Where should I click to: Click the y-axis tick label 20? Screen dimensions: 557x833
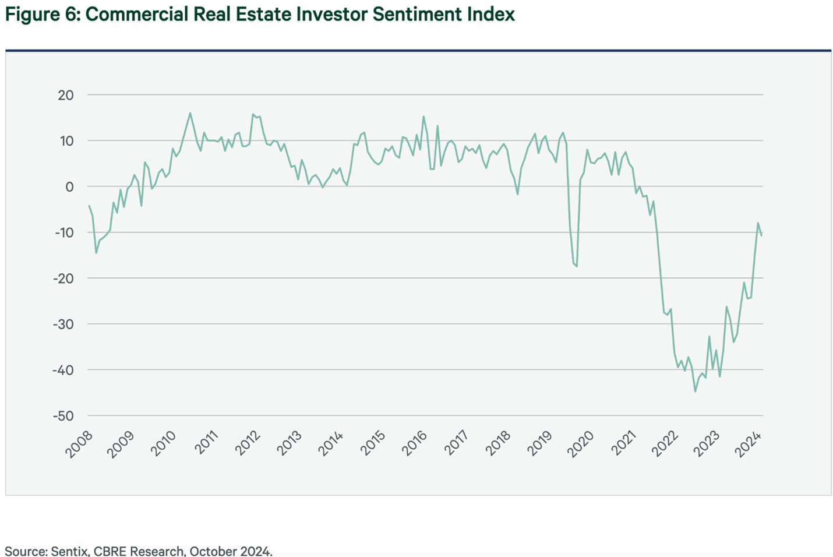pyautogui.click(x=66, y=95)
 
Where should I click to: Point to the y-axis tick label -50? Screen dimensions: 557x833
pyautogui.click(x=63, y=416)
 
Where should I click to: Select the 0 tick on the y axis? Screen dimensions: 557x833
pyautogui.click(x=70, y=187)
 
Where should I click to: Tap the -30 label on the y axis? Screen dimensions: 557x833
pyautogui.click(x=63, y=325)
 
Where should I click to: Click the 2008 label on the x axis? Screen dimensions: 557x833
pyautogui.click(x=79, y=445)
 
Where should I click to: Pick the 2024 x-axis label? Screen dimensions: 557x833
pyautogui.click(x=749, y=445)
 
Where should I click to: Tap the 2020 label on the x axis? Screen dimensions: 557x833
pyautogui.click(x=581, y=445)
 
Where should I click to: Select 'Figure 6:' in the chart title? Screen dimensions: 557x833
pyautogui.click(x=43, y=14)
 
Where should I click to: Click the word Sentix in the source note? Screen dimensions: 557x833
pyautogui.click(x=69, y=551)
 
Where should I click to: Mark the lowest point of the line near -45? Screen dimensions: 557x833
pyautogui.click(x=695, y=391)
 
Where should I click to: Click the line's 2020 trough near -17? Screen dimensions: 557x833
pyautogui.click(x=577, y=266)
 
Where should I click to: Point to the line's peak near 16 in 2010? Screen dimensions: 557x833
pyautogui.click(x=190, y=113)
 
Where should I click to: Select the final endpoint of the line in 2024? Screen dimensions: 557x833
pyautogui.click(x=761, y=235)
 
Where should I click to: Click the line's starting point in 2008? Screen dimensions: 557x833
pyautogui.click(x=89, y=206)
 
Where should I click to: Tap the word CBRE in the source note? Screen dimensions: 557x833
pyautogui.click(x=110, y=551)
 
